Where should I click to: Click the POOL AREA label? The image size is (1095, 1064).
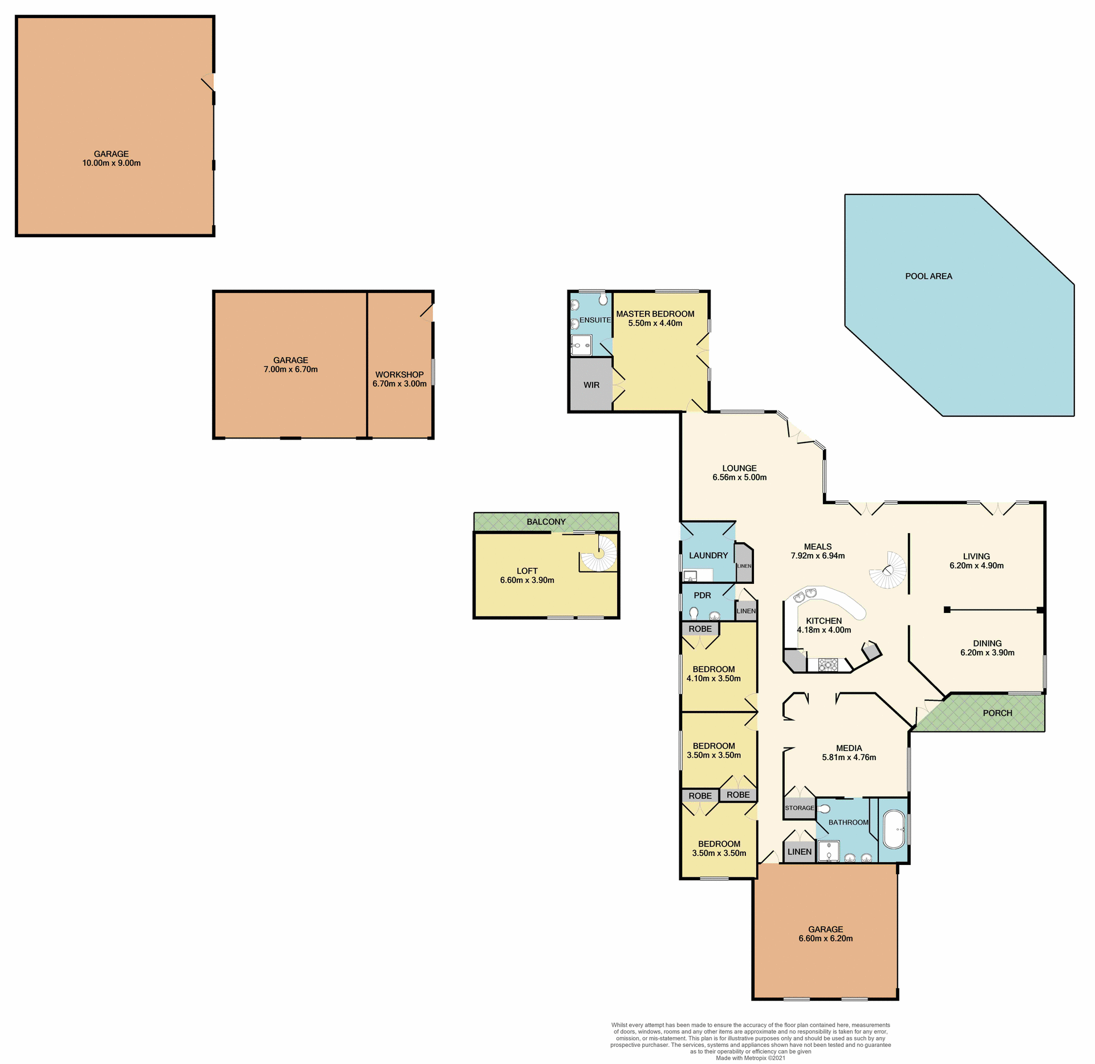(928, 276)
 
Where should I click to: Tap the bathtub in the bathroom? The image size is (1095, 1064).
(893, 829)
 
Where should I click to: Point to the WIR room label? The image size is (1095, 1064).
(591, 385)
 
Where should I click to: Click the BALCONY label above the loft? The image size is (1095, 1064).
(546, 522)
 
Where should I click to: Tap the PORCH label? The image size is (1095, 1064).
(997, 713)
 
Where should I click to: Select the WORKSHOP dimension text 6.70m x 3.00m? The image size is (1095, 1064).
(399, 384)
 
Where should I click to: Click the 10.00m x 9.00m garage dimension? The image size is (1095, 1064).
(111, 163)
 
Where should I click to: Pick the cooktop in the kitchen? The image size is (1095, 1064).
(828, 664)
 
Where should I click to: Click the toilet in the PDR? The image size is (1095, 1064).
(694, 614)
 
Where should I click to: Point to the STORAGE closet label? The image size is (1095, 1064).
(799, 808)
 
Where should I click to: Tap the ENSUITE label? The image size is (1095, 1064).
(595, 320)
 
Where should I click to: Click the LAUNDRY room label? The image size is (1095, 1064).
(708, 555)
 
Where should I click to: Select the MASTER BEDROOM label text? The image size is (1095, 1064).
(655, 314)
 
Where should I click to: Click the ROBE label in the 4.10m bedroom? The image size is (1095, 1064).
(700, 629)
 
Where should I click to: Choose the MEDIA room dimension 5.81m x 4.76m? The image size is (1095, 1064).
(849, 757)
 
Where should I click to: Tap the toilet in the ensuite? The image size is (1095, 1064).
(603, 299)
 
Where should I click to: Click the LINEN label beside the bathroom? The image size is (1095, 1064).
(799, 852)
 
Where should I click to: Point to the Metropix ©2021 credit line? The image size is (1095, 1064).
(751, 1058)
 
